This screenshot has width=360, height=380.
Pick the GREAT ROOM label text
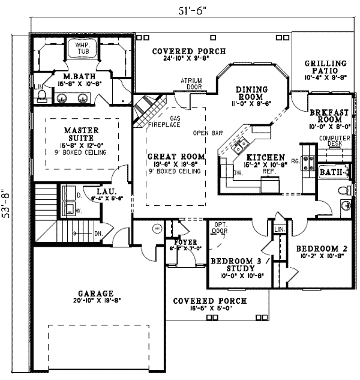click(176, 157)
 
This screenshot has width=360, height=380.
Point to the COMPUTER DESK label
click(330, 140)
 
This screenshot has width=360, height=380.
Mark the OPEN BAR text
click(204, 133)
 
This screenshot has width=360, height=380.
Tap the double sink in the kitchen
click(241, 145)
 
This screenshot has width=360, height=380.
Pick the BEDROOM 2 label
click(317, 247)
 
